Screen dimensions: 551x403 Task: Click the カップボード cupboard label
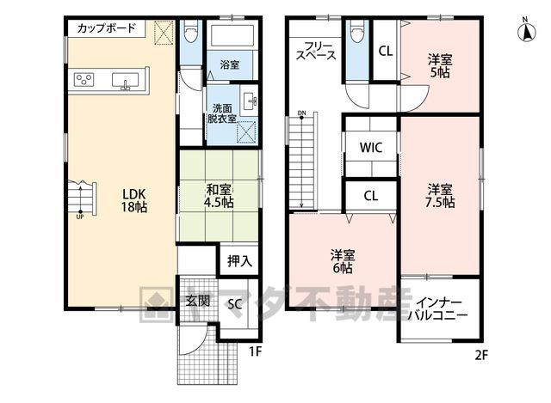tap(106, 27)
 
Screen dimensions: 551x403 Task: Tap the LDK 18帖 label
tap(134, 200)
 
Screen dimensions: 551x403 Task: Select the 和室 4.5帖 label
tap(220, 196)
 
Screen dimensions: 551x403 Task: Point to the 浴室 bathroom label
tap(230, 64)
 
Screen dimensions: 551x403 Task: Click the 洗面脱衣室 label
tap(222, 113)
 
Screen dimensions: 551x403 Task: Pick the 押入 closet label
tap(239, 260)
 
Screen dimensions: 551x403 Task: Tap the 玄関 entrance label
tap(198, 301)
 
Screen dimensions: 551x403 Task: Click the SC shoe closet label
tap(234, 303)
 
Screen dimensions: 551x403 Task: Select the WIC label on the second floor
tap(371, 147)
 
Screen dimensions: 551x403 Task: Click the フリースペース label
tap(316, 51)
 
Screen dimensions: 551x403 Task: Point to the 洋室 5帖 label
tap(440, 66)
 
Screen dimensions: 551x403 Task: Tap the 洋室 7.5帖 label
tap(440, 196)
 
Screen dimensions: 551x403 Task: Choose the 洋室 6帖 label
tap(343, 262)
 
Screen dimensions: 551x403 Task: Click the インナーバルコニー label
tap(438, 308)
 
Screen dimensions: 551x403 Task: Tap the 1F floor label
tap(256, 351)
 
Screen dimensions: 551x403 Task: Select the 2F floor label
tap(481, 355)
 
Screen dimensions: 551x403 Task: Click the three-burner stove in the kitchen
tap(84, 80)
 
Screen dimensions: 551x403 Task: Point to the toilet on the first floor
tap(191, 32)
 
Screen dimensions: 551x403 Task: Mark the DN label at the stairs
tap(301, 113)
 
